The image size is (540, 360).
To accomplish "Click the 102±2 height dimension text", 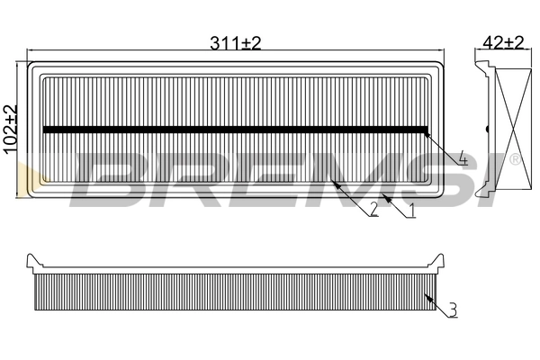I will click(x=12, y=130).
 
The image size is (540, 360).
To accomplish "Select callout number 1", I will click(x=411, y=211).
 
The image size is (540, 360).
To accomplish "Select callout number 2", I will click(x=373, y=211).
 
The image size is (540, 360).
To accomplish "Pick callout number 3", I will click(x=452, y=310).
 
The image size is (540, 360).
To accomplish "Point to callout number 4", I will click(x=462, y=160).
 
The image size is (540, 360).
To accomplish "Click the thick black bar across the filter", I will click(x=234, y=129).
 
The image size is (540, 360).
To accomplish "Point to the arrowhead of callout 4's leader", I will click(x=427, y=131).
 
